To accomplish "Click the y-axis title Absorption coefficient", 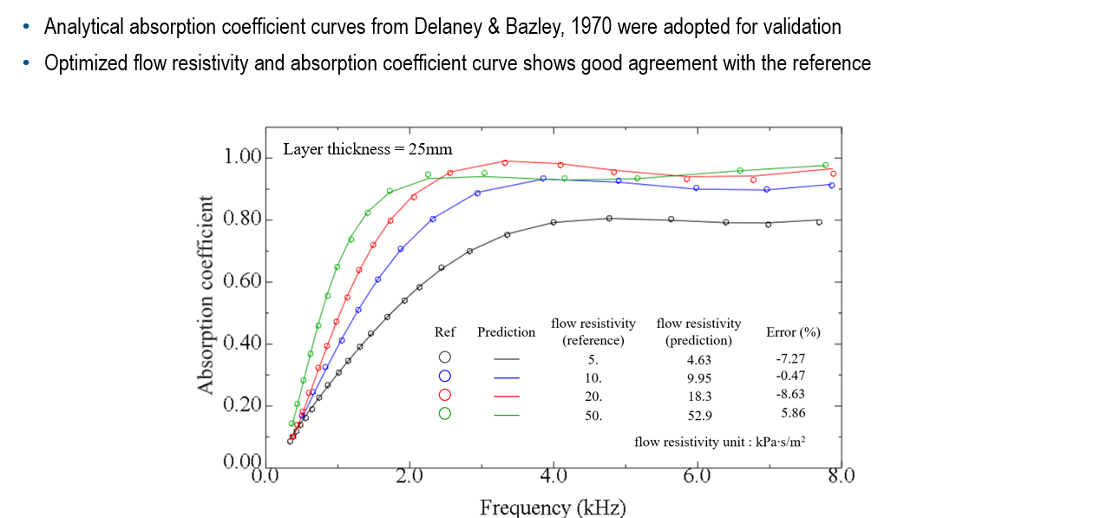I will click(x=206, y=295).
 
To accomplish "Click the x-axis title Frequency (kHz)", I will click(x=553, y=507).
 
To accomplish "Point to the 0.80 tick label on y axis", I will click(x=242, y=220).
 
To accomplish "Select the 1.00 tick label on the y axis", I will click(x=242, y=157).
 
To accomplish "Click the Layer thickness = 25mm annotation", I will click(x=368, y=149).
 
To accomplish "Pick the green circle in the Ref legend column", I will click(x=445, y=414).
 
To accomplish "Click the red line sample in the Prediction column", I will click(x=505, y=396).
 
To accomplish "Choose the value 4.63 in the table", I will click(x=699, y=358).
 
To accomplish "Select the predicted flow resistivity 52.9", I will click(x=699, y=415).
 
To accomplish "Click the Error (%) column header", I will click(x=793, y=332).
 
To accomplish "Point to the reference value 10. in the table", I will click(x=593, y=377).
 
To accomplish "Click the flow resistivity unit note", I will click(x=719, y=442).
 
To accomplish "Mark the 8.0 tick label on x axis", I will click(x=841, y=475).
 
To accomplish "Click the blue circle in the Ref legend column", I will click(x=445, y=377).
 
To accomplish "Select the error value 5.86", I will click(x=793, y=413).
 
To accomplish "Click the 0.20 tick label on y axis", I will click(x=242, y=406).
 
